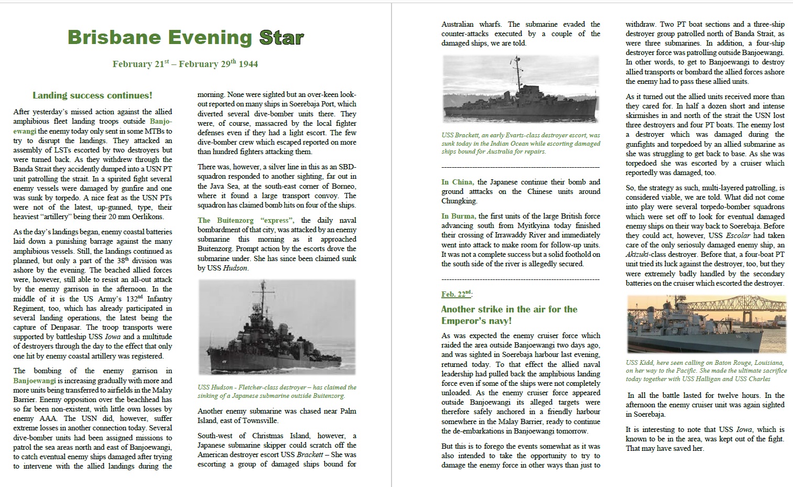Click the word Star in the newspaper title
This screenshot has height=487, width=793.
point(281,37)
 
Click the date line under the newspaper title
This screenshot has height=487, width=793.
point(185,64)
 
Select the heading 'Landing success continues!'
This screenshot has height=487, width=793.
point(92,95)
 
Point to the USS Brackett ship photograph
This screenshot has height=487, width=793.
point(520,90)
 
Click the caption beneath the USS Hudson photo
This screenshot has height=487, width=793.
point(277,392)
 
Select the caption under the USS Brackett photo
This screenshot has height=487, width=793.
point(520,143)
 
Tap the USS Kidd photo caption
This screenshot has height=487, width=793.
point(706,371)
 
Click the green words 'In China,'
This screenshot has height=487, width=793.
point(458,182)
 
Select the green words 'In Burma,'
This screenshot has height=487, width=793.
point(458,216)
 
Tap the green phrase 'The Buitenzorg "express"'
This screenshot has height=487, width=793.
point(246,220)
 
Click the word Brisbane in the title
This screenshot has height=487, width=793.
point(114,37)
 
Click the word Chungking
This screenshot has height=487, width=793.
point(459,201)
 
